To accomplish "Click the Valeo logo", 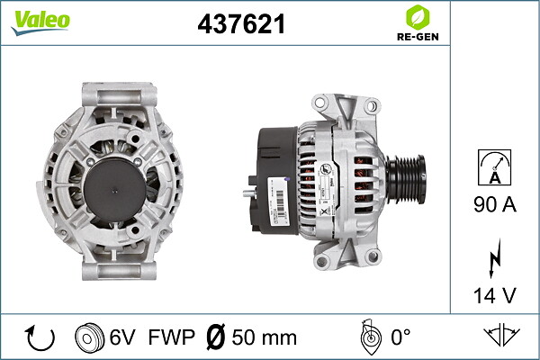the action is pos(40,22).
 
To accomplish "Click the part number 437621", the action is pos(241,24).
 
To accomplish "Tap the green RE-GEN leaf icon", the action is pos(418,17).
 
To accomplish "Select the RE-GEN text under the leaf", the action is pos(418,37).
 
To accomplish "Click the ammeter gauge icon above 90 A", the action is pos(494,167).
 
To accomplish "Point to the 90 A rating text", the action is pos(495,204).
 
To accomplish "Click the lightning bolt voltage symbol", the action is pos(495,257).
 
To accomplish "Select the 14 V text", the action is pos(495,295).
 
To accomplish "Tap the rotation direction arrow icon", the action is pos(40,337).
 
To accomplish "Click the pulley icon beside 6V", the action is pos(89,337).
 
